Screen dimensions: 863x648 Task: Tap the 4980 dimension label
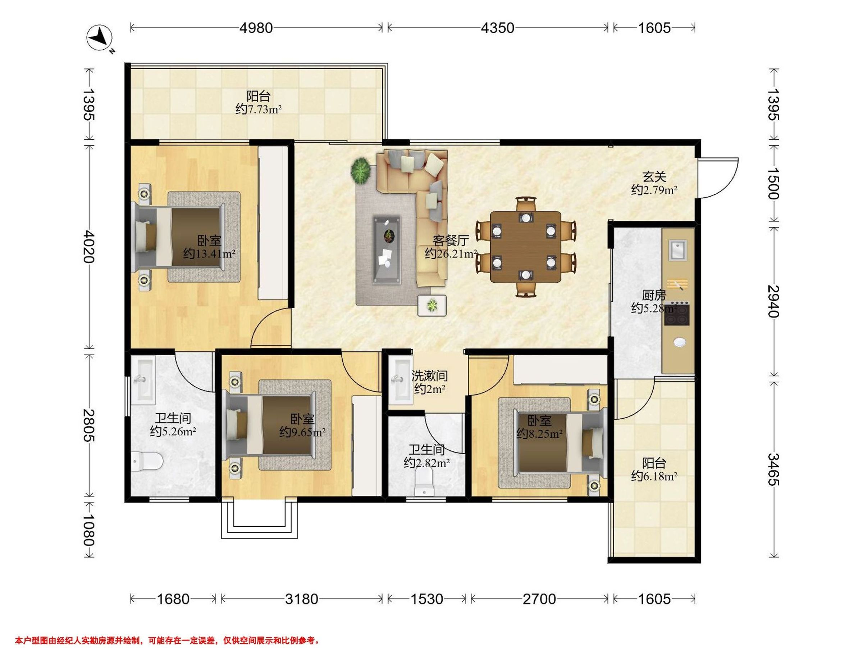(256, 28)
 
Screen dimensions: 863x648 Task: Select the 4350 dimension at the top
(497, 28)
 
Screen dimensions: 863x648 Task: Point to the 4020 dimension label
(89, 247)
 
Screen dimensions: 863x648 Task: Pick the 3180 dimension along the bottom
(302, 599)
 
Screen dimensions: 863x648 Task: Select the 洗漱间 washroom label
(430, 376)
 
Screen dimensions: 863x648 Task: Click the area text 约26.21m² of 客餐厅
(451, 254)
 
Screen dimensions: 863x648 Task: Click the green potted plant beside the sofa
(361, 171)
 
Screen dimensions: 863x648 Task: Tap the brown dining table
(525, 247)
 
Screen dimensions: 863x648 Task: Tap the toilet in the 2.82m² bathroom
(424, 482)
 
